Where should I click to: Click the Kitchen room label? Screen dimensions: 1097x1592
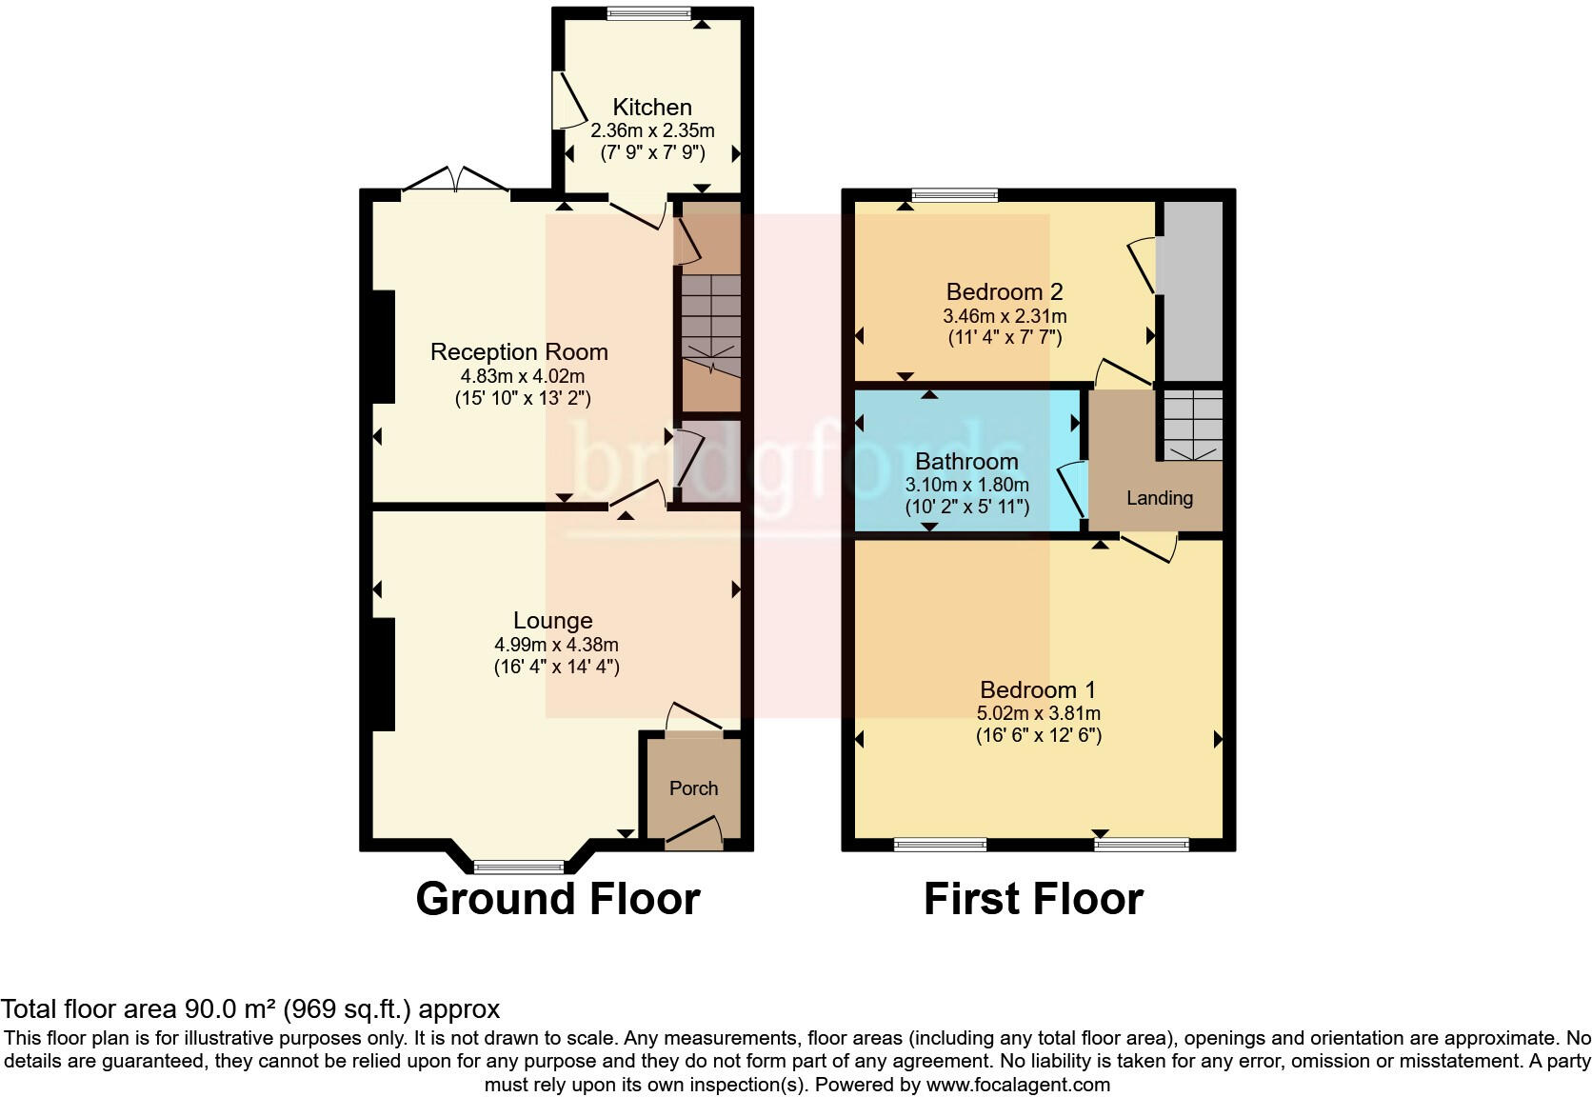652,107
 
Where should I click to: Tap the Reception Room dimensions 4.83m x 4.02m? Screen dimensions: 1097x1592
519,376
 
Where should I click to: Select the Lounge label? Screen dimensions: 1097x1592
553,621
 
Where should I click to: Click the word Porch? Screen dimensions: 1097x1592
693,788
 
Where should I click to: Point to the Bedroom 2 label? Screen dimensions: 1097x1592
1004,291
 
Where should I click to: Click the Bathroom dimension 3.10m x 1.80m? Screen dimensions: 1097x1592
966,485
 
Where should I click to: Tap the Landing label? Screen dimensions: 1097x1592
1159,498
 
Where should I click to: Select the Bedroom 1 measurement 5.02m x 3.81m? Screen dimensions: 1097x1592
1038,713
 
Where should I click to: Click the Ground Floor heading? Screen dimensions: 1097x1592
557,899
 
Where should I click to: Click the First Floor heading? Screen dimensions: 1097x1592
1033,899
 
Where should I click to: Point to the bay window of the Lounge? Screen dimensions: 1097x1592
520,866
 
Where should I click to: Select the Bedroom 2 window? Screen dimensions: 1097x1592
954,195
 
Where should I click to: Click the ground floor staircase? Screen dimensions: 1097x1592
710,324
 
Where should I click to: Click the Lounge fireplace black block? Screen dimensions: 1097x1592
383,674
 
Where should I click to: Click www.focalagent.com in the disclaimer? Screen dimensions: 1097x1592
1018,1084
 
